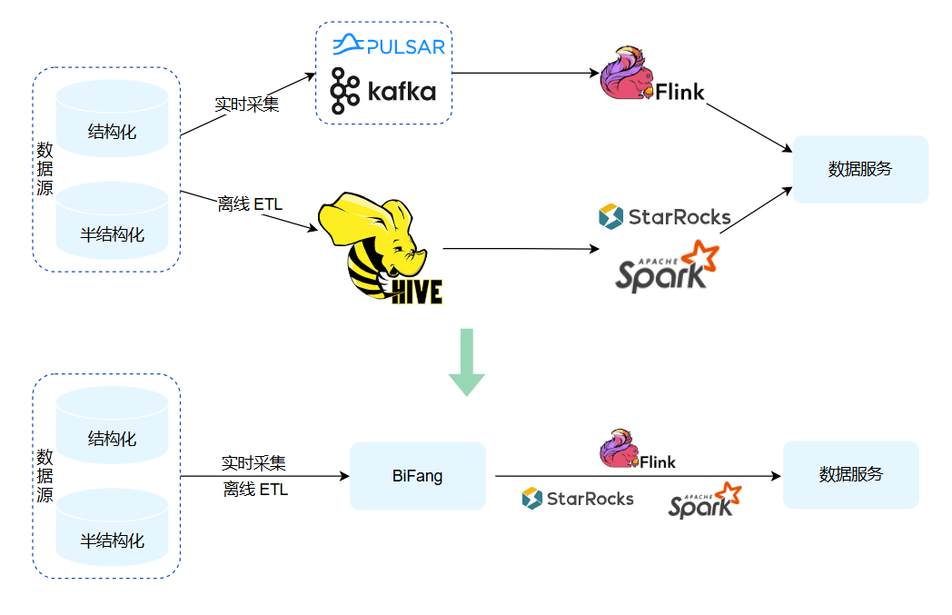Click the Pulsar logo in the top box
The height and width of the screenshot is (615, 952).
(388, 44)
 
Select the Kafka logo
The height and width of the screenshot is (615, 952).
(382, 91)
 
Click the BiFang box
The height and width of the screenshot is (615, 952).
(418, 476)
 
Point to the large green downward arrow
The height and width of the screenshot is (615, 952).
(467, 362)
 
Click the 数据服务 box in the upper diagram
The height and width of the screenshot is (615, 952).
(860, 169)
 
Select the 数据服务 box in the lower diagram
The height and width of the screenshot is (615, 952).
(851, 474)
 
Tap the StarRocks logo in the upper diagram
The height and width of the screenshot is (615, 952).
(665, 216)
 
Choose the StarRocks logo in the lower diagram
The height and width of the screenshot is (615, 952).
(578, 498)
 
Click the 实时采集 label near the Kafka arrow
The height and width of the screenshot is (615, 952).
(246, 104)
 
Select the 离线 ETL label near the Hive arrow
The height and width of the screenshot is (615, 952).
(251, 204)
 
